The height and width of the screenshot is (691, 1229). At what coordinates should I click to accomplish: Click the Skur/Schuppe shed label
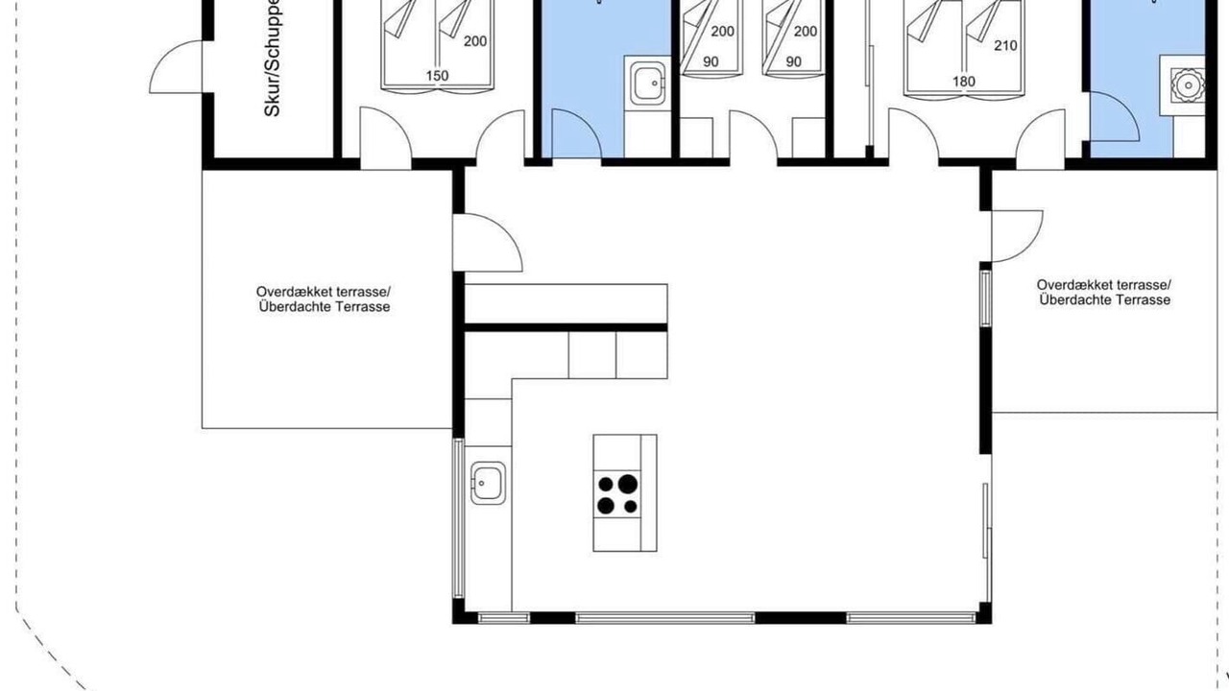(x=272, y=59)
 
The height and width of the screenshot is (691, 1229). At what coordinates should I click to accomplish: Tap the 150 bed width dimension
(x=437, y=76)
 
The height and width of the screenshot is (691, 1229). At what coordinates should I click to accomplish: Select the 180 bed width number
(x=963, y=82)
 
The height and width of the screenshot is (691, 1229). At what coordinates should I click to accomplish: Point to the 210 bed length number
(x=1005, y=45)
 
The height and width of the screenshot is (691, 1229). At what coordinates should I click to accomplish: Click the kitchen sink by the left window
(x=488, y=483)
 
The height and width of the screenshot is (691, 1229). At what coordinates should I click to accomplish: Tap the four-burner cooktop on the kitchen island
(x=617, y=493)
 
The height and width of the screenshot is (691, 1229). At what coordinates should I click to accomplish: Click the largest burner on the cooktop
(x=628, y=484)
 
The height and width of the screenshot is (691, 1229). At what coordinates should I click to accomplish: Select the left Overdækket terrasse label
(x=324, y=290)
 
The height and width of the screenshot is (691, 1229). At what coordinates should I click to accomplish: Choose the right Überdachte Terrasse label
(x=1104, y=300)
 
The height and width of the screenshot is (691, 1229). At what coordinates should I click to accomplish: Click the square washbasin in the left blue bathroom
(x=648, y=83)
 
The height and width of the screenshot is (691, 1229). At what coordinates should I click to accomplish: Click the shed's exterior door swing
(x=176, y=66)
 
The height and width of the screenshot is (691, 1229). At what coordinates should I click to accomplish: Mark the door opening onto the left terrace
(x=487, y=243)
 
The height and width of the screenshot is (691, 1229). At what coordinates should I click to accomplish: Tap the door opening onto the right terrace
(x=1017, y=236)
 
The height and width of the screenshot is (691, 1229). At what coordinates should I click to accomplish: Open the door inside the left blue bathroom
(x=576, y=133)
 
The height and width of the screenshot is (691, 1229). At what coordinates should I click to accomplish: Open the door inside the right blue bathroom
(x=1115, y=116)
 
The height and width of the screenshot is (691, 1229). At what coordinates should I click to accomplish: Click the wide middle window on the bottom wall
(x=665, y=618)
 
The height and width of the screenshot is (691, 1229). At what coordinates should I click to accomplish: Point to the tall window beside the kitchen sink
(x=459, y=517)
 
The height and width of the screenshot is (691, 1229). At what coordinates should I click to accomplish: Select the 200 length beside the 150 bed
(x=475, y=41)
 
